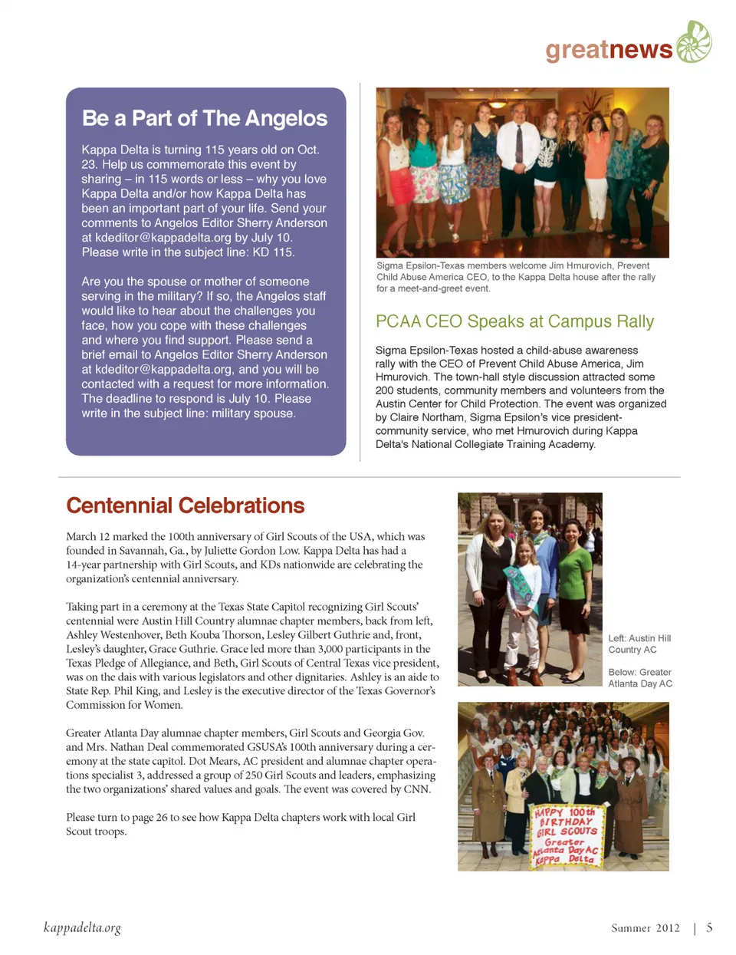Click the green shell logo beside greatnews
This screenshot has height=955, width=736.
tap(693, 41)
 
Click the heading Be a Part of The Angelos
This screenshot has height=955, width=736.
tap(205, 118)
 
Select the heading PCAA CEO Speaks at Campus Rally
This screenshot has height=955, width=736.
tap(514, 321)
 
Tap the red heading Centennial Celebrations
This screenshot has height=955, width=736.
tap(186, 505)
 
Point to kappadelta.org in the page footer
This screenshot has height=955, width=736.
tap(82, 927)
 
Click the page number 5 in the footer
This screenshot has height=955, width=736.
tap(709, 927)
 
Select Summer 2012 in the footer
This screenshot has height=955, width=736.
tap(645, 928)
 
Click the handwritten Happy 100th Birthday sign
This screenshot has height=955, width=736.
tap(566, 836)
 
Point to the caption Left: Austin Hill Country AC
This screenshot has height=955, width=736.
tap(639, 644)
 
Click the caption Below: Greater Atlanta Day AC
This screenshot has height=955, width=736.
tap(640, 678)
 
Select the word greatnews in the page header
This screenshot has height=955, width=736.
tap(609, 50)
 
